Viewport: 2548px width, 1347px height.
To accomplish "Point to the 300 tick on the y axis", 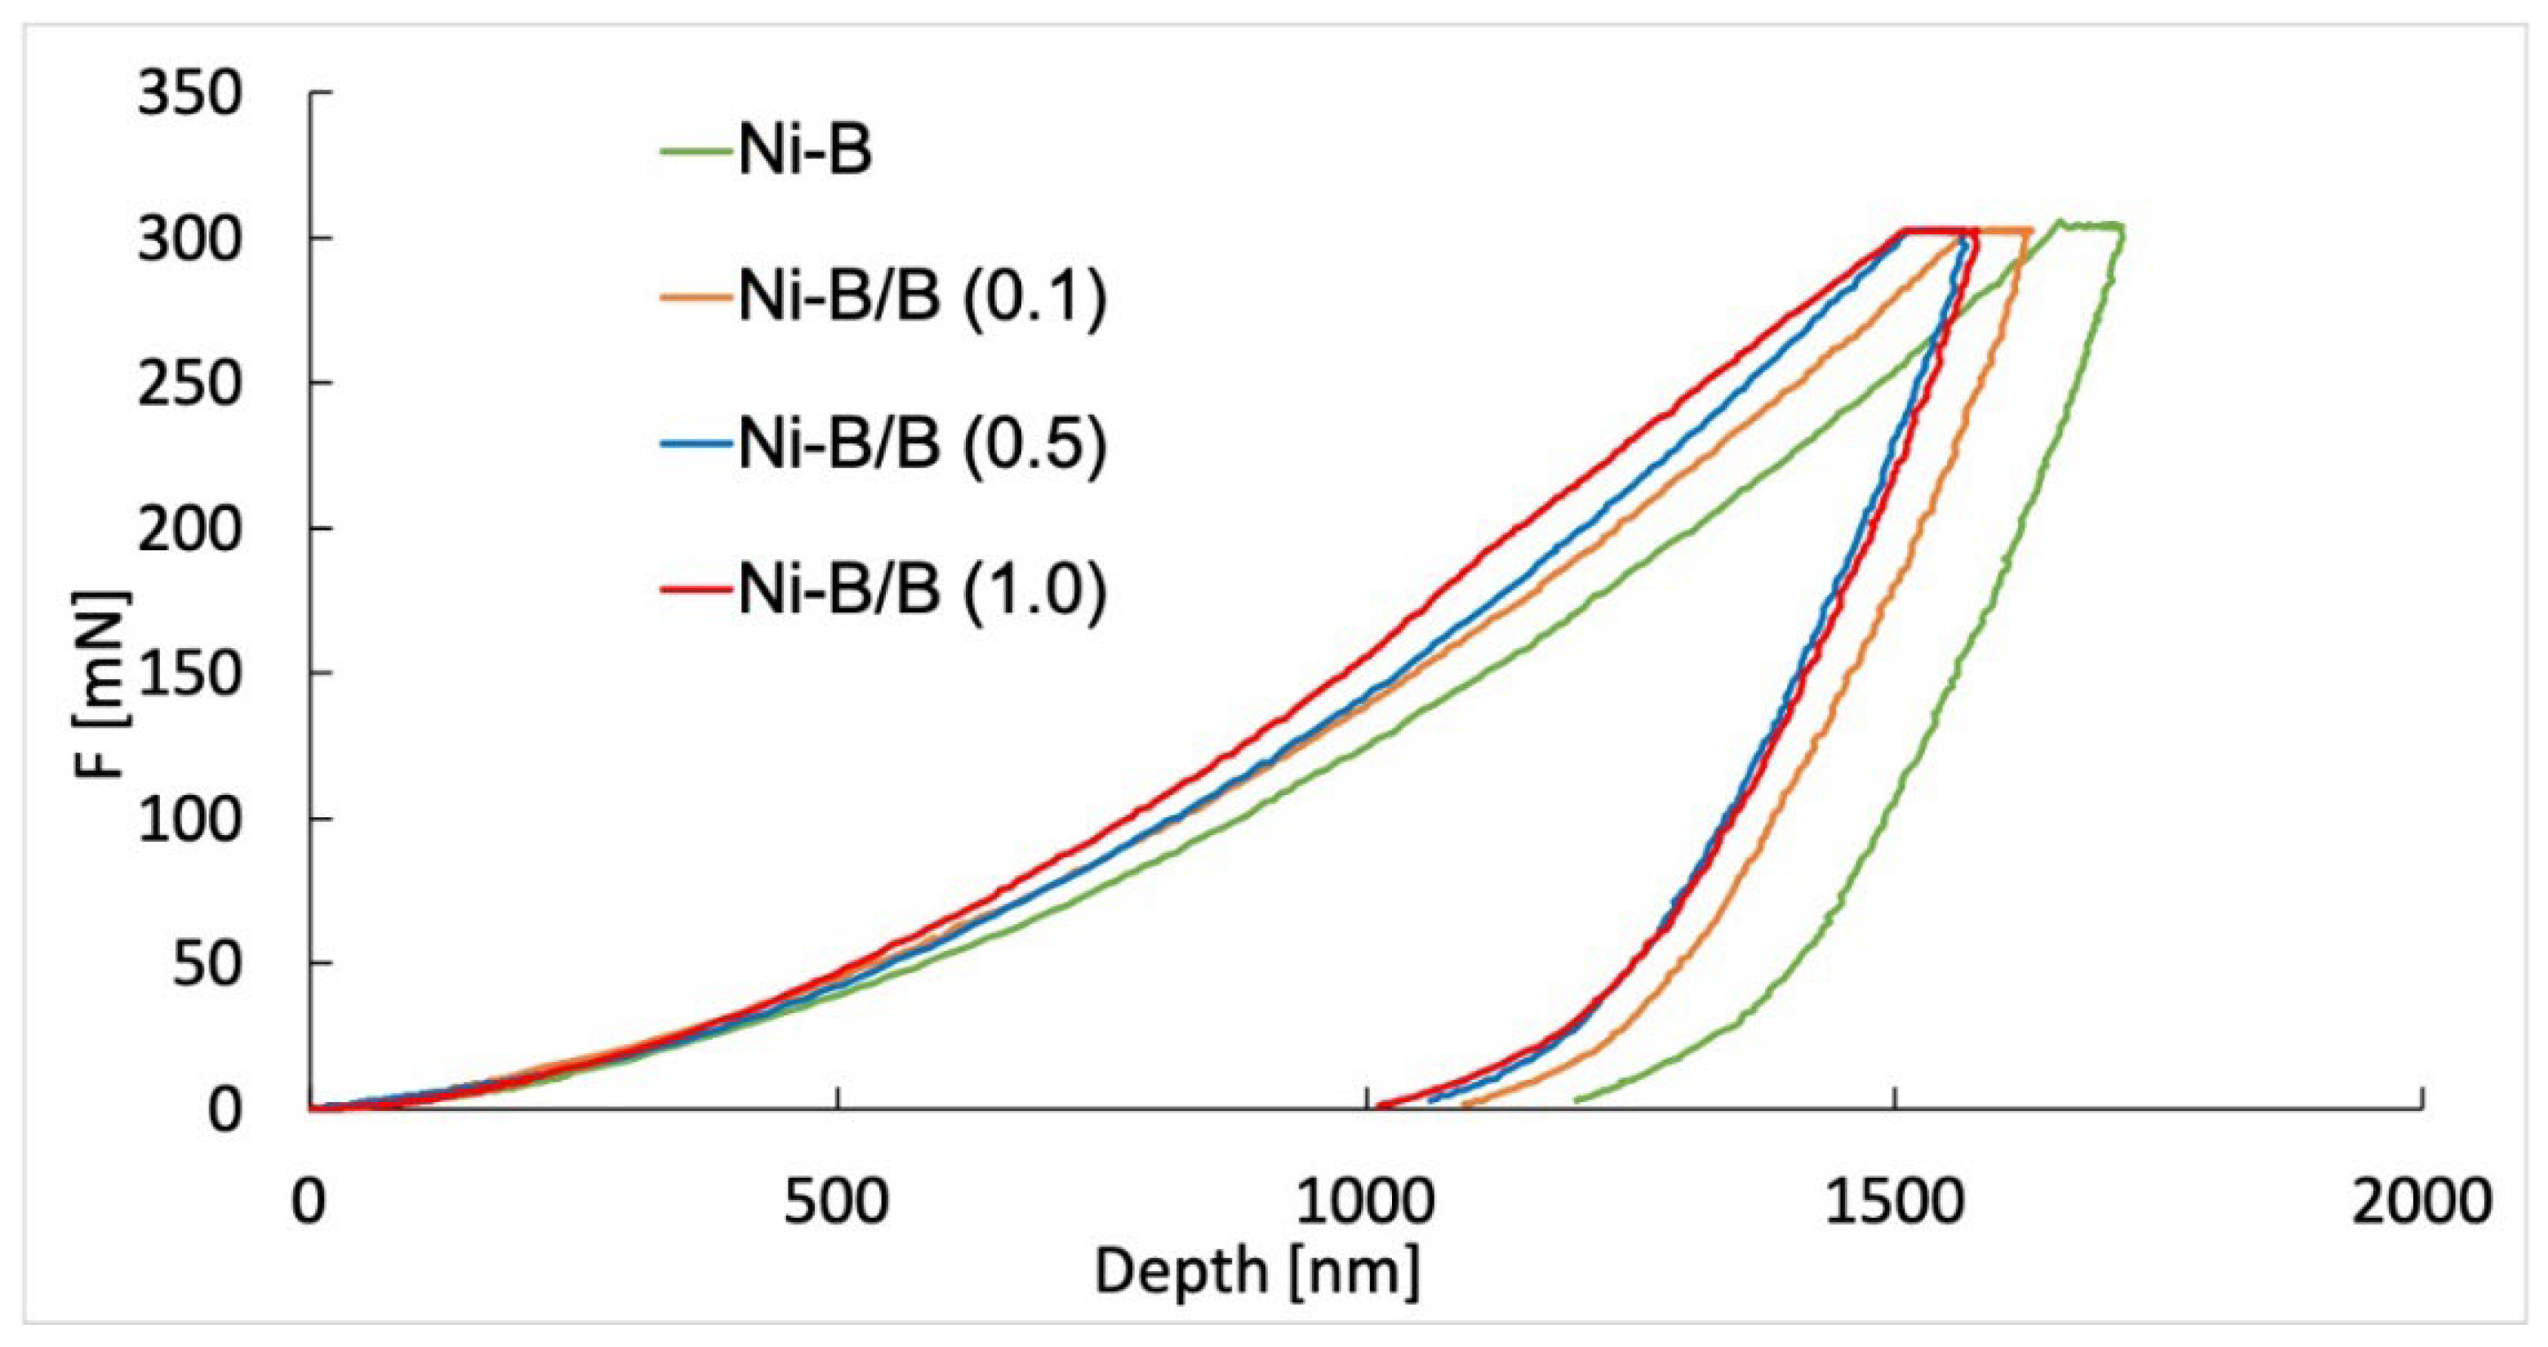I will pyautogui.click(x=189, y=240).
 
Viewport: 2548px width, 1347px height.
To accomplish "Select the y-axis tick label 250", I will pyautogui.click(x=189, y=385).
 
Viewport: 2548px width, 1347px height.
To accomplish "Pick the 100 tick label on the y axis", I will pyautogui.click(x=189, y=822).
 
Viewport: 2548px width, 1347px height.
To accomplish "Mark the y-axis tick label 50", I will pyautogui.click(x=207, y=965).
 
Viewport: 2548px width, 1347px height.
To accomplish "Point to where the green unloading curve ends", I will pyautogui.click(x=1576, y=1100).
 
